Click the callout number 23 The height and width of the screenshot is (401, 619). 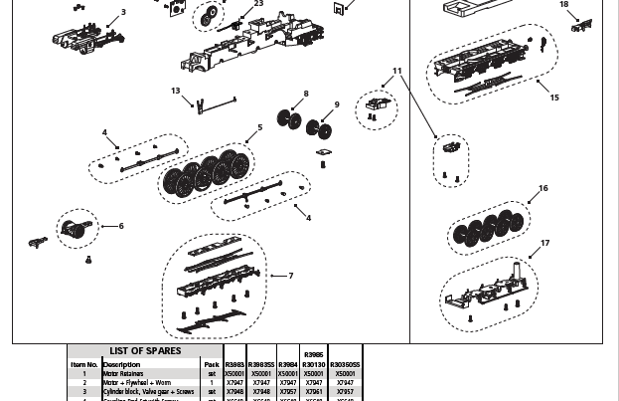258,4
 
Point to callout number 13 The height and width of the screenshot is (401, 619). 176,92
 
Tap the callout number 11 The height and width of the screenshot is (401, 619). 397,72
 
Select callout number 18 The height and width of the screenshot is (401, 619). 564,5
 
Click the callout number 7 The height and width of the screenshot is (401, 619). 290,276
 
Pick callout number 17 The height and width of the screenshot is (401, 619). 545,244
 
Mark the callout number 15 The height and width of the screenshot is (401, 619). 554,98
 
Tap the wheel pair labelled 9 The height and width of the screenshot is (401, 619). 319,129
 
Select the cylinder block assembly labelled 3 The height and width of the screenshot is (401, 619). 79,35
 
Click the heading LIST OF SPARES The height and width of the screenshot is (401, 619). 145,351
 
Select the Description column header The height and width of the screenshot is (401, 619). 121,365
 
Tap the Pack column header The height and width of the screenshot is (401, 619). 212,365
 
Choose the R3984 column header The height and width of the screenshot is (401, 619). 287,365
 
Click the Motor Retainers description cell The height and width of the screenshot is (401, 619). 123,374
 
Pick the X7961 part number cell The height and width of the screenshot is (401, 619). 314,392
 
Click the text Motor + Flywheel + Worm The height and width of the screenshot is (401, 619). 137,383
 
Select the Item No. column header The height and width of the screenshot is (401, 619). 83,365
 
